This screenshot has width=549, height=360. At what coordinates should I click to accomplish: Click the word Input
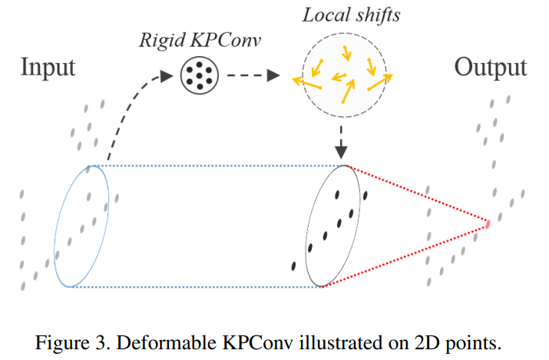pyautogui.click(x=48, y=68)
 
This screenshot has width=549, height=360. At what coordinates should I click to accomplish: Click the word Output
pyautogui.click(x=490, y=68)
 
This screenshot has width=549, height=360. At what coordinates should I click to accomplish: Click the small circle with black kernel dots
pyautogui.click(x=198, y=75)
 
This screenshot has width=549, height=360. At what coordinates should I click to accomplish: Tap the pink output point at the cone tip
pyautogui.click(x=487, y=224)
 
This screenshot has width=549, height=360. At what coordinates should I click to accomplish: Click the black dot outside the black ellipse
pyautogui.click(x=294, y=266)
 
